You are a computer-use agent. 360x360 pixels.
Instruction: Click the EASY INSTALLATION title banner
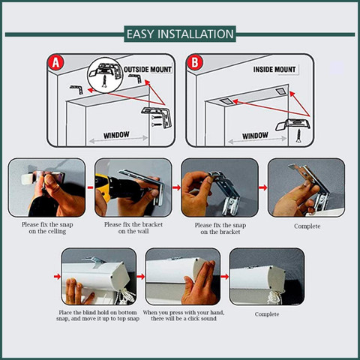180,34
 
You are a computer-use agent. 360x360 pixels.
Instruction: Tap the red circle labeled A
56,62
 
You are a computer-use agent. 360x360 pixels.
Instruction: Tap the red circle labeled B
195,62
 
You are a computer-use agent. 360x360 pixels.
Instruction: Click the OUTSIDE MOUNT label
148,69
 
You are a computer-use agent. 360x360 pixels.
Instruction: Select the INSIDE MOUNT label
274,69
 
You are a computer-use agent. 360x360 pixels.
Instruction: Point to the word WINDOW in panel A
116,135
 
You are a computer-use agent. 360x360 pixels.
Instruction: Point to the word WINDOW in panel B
255,136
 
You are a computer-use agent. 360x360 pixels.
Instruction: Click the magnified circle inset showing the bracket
106,75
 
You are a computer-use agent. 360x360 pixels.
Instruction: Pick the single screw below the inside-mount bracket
298,136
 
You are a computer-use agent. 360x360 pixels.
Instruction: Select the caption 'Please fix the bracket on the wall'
133,228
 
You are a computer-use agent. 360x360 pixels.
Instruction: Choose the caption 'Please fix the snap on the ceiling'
47,228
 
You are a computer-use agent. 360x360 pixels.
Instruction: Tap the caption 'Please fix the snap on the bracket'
220,229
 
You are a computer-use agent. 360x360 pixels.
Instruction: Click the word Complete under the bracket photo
307,226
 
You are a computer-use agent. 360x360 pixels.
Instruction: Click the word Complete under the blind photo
267,314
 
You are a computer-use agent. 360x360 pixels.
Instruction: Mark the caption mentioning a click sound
184,316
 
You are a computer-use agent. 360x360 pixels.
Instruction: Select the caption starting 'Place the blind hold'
97,316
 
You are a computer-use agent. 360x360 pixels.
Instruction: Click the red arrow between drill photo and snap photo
176,187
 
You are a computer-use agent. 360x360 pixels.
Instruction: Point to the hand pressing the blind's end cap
200,283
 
